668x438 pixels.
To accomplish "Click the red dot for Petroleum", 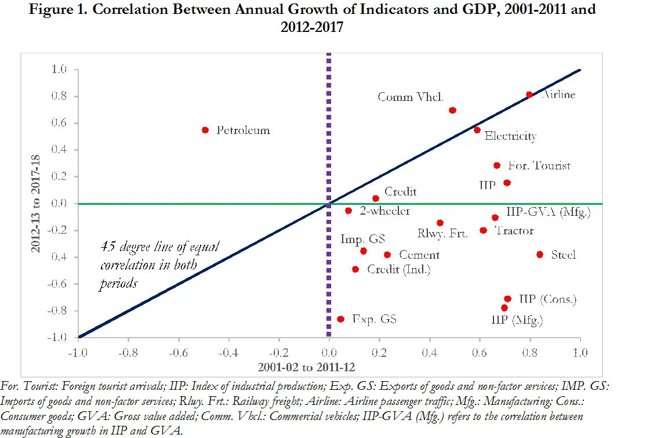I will (x=205, y=130).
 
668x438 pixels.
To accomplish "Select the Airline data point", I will (x=529, y=95).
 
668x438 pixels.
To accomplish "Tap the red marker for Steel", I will (x=540, y=254).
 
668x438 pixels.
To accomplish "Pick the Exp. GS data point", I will (x=340, y=319).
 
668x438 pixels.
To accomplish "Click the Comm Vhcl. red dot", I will (x=452, y=110).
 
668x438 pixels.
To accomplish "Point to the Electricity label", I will (x=510, y=136).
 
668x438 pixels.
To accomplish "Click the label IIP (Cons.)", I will (x=547, y=299).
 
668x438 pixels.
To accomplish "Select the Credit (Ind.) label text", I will (x=399, y=269).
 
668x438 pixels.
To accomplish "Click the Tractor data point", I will (x=483, y=230).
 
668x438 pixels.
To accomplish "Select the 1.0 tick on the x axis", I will (x=580, y=353).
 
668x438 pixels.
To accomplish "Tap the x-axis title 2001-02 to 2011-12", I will (x=300, y=367).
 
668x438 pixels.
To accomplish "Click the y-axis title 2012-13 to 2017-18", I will (x=36, y=204).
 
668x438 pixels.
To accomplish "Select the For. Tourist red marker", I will (x=497, y=165).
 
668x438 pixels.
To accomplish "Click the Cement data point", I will (x=387, y=255).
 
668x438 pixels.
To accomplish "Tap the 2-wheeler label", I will (x=384, y=211).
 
